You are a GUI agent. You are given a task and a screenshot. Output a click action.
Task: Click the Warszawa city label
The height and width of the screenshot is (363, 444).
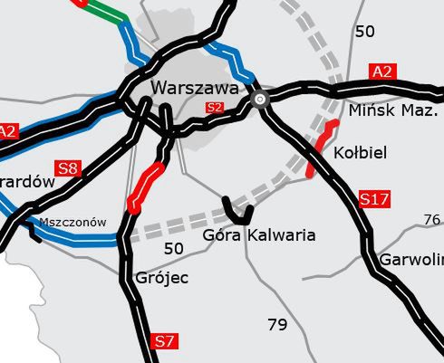[196, 89]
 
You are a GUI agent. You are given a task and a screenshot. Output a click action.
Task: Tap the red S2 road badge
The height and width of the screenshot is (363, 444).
[215, 108]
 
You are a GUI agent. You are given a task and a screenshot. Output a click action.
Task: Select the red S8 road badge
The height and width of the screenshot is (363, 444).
[68, 167]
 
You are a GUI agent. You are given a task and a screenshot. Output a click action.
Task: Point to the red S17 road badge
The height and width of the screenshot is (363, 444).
[375, 198]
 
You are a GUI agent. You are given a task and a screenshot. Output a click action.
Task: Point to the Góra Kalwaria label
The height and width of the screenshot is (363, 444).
[260, 235]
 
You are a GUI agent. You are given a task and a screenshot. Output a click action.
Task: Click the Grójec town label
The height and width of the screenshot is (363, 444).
[161, 277]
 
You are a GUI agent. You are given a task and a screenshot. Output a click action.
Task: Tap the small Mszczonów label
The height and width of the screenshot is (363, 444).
[72, 222]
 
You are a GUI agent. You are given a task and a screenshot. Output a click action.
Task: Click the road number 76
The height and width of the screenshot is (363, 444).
[432, 220]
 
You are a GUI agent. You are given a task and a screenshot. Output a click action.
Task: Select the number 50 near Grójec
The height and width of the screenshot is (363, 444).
[173, 247]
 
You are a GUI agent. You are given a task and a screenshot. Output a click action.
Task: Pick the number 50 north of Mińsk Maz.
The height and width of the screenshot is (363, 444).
[365, 32]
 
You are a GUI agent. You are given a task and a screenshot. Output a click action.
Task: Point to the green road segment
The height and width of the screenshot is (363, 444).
[107, 13]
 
